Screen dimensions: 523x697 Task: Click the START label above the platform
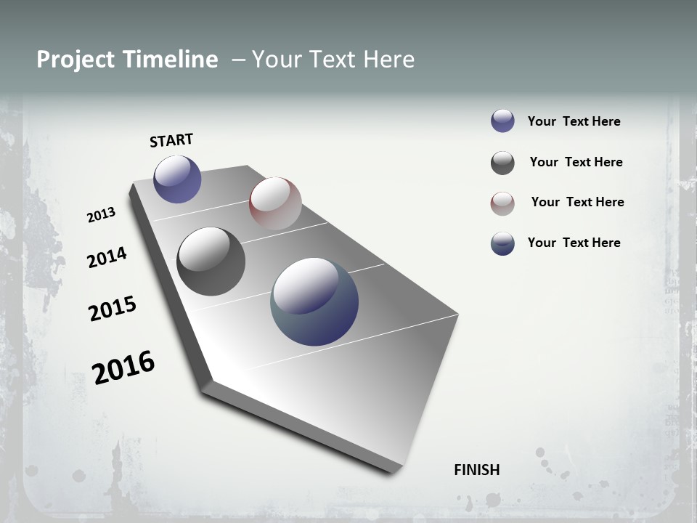click(x=171, y=140)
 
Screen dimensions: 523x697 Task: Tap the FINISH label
click(x=476, y=470)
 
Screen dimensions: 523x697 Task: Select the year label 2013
click(x=101, y=215)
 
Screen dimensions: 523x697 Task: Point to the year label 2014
click(x=107, y=257)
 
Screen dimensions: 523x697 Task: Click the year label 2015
click(x=113, y=309)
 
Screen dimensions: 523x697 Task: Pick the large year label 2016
click(x=123, y=368)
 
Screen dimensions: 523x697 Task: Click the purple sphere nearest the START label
click(x=177, y=179)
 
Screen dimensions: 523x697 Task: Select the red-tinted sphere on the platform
click(x=275, y=203)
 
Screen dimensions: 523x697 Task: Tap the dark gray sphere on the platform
click(x=211, y=261)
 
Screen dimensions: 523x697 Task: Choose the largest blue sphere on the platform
click(x=314, y=301)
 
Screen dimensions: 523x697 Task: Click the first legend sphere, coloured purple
click(x=502, y=121)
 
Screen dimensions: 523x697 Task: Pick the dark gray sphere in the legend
click(x=502, y=163)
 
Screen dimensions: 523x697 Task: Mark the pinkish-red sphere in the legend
click(x=502, y=203)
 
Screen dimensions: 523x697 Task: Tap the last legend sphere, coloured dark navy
click(x=502, y=243)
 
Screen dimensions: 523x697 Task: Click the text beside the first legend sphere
click(x=574, y=121)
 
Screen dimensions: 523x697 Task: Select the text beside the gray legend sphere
click(x=576, y=162)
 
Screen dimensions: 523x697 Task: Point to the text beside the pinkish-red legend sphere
click(x=577, y=202)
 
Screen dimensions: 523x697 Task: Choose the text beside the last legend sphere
click(x=574, y=243)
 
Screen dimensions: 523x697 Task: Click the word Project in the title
click(x=74, y=60)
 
